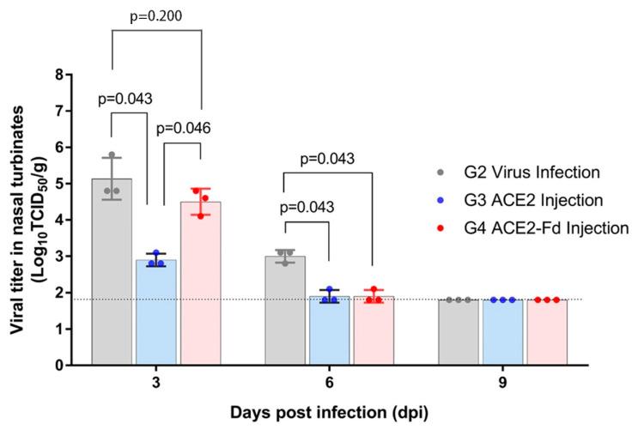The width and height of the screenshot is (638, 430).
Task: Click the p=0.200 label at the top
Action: pos(156,15)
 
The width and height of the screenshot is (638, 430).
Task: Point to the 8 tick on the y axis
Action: pos(59,75)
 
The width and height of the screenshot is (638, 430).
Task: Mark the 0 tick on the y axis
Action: pos(59,366)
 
